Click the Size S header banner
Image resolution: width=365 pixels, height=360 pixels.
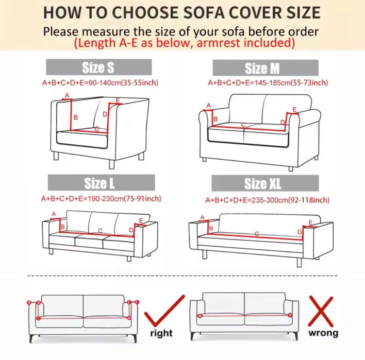pos(99,67)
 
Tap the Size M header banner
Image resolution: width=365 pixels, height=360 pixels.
pos(266,67)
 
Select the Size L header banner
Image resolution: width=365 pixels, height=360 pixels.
pos(101,182)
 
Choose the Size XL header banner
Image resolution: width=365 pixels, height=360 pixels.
pos(265,183)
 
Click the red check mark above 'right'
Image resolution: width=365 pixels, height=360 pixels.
pos(164,312)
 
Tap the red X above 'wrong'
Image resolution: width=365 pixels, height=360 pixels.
pos(321,312)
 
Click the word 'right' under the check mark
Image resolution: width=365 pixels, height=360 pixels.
pos(161,333)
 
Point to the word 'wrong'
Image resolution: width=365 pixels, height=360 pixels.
pos(323,333)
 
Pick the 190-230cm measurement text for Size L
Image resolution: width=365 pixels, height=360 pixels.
pos(101,199)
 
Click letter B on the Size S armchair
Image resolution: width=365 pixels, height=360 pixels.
pos(75,117)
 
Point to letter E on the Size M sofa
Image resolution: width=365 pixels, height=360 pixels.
pos(294,109)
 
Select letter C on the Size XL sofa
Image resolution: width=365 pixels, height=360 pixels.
pos(257,234)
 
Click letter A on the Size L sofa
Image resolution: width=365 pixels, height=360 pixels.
pos(54,214)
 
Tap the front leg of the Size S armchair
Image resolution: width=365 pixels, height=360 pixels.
pos(112,164)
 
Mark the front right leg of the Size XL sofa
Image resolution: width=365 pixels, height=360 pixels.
pos(300,262)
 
